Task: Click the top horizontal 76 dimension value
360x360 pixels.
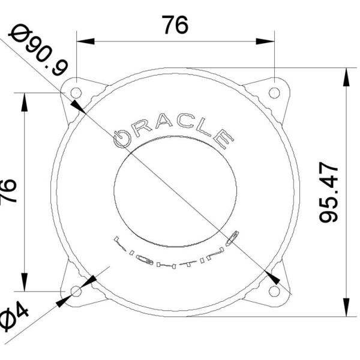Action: (x=175, y=25)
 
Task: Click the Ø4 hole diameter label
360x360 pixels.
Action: (x=13, y=317)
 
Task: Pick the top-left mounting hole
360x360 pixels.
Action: (x=76, y=92)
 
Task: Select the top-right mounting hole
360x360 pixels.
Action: (x=274, y=92)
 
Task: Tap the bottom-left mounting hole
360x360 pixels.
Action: (x=76, y=292)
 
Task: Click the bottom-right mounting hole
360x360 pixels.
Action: (x=274, y=292)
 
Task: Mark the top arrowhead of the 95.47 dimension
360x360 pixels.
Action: (x=346, y=77)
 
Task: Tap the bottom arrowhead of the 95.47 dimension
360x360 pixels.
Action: (x=346, y=307)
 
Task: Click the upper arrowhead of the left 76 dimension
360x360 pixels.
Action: (x=25, y=103)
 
